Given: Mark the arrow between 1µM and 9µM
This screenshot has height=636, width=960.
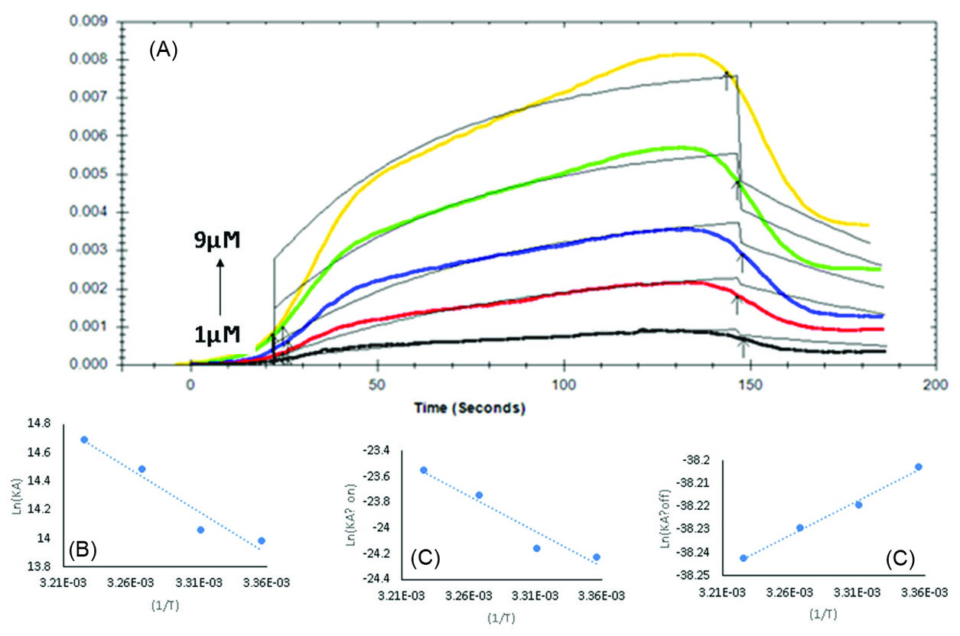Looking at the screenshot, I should [220, 288].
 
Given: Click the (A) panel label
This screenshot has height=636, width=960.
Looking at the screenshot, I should [164, 50].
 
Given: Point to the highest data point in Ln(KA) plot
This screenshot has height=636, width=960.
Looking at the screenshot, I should [84, 440].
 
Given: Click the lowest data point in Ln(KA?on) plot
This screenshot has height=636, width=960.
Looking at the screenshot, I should [597, 556].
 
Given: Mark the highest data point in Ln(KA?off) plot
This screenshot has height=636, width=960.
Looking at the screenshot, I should [919, 466].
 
